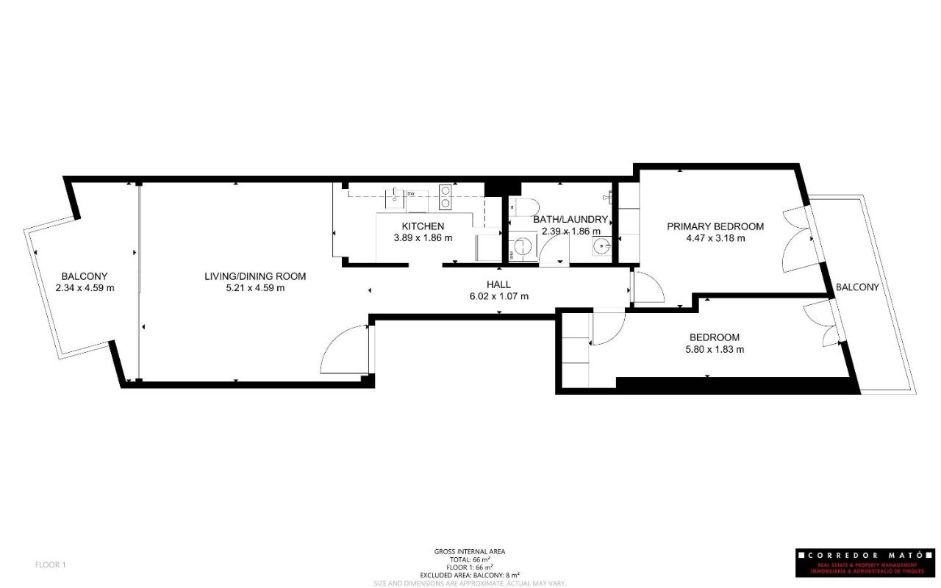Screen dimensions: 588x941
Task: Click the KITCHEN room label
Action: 423,226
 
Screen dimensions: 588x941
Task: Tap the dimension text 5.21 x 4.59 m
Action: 255,288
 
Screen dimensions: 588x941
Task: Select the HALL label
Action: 498,284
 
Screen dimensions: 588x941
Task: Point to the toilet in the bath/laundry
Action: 525,207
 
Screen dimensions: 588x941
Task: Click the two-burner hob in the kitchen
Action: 446,196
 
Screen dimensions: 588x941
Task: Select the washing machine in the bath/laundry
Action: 524,245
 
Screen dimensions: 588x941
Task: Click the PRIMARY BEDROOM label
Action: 715,226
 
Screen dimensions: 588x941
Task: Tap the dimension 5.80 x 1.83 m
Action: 714,350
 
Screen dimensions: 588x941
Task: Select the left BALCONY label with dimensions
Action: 85,282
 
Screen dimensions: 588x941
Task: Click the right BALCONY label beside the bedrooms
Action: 856,287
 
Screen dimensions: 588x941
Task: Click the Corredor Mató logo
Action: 865,562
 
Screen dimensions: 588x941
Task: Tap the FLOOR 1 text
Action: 51,565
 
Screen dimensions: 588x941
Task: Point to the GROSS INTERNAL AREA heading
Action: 470,551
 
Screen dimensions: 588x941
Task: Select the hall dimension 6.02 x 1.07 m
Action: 498,296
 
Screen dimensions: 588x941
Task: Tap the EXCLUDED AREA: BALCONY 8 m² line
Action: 470,575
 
